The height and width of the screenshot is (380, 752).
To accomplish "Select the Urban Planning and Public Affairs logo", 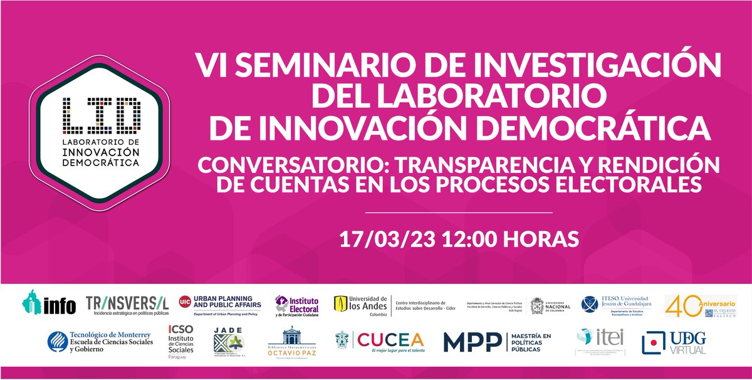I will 216,305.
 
